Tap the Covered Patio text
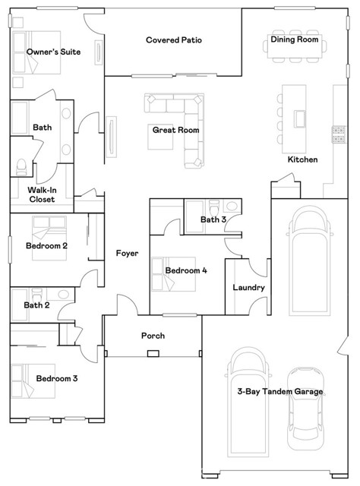click(x=174, y=39)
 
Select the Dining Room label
click(x=295, y=39)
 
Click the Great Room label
click(x=175, y=130)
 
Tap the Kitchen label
click(x=302, y=159)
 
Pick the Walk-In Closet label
click(x=42, y=194)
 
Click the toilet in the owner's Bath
click(x=21, y=164)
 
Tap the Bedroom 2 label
click(x=47, y=246)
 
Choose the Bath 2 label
click(x=36, y=305)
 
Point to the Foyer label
click(x=127, y=253)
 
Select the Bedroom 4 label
click(x=186, y=270)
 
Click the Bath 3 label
click(x=213, y=220)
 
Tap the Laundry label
click(x=248, y=288)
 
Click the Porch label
click(x=153, y=336)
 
